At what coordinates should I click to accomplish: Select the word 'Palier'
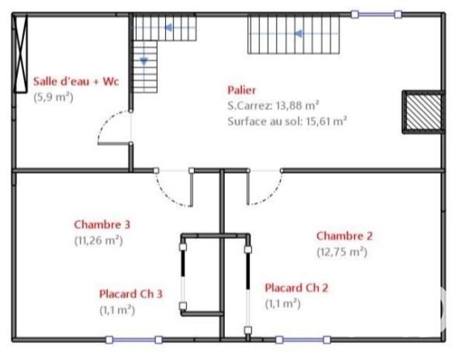tap(242, 90)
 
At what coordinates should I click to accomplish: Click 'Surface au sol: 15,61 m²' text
tap(287, 120)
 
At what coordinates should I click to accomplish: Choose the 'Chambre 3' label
tap(102, 225)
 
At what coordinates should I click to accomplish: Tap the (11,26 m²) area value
tap(99, 240)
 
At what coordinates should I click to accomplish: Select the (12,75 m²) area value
tap(341, 251)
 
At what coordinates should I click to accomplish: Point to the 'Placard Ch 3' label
tap(131, 294)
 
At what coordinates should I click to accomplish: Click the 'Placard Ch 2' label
tap(296, 288)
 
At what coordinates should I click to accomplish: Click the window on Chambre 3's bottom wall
tap(133, 339)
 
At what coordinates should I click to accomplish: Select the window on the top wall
tap(376, 14)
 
